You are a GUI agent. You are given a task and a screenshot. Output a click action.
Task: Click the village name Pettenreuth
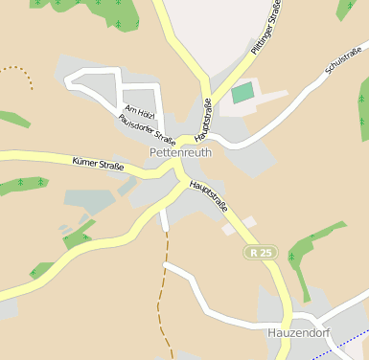tap(180, 152)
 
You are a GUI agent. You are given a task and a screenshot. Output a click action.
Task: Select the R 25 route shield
tap(259, 253)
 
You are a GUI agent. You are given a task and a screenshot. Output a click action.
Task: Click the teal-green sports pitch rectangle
tap(242, 93)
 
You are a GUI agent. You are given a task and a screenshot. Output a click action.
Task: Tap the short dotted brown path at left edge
tap(25, 75)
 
